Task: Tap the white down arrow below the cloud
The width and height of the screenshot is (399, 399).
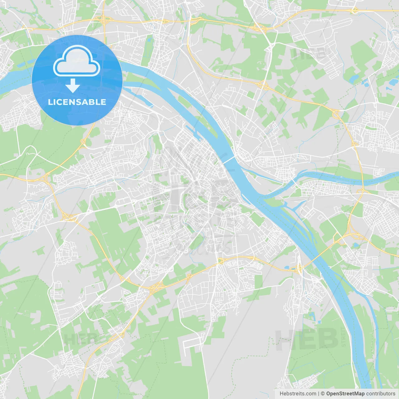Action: pos(73,86)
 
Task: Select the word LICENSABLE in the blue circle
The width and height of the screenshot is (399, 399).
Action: pos(77,102)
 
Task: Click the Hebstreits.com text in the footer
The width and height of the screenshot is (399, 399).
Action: pos(298,394)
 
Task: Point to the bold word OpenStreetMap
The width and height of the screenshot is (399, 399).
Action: pos(345,394)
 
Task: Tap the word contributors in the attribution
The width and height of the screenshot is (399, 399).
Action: pos(381,394)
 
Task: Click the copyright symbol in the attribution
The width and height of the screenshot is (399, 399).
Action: pos(323,394)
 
